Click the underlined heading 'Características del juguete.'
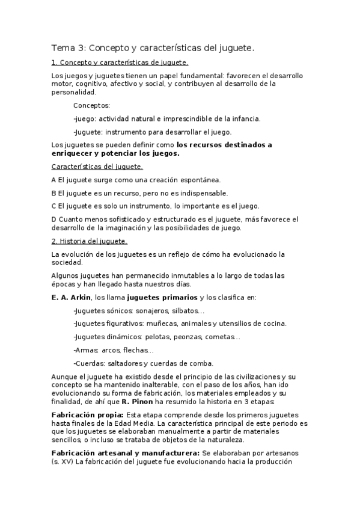click(97, 166)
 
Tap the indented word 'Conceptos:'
click(91, 105)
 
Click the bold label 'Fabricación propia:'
click(88, 414)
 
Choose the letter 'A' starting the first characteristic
click(54, 179)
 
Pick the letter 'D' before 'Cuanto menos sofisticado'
click(54, 219)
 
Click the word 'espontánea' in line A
click(201, 179)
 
